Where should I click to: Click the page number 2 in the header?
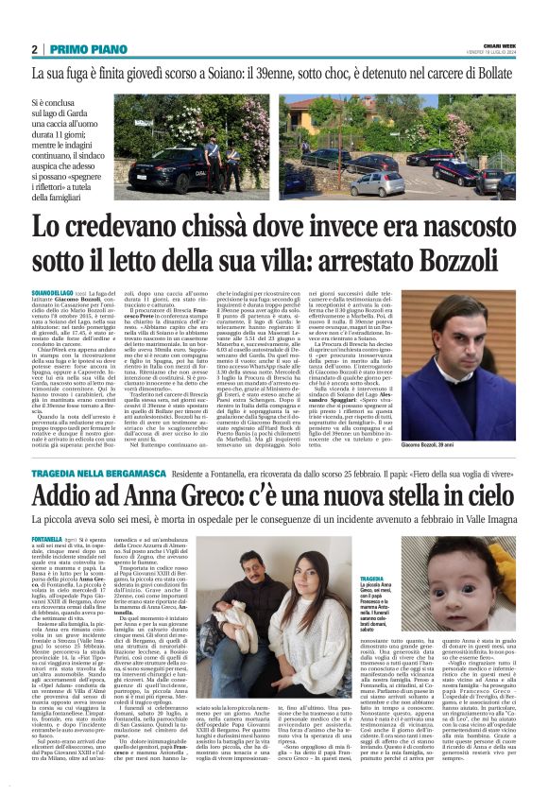click(35, 48)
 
